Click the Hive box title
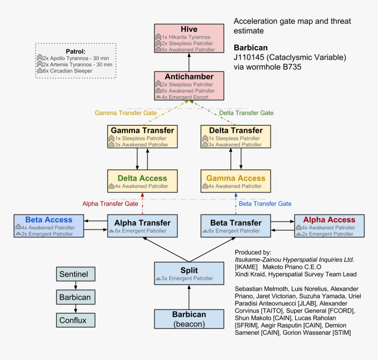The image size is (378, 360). click(189, 29)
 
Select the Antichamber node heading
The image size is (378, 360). click(189, 76)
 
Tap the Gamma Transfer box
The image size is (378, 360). click(142, 136)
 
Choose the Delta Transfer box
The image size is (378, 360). click(236, 136)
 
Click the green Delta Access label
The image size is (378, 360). click(142, 178)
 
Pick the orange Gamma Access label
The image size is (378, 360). click(236, 178)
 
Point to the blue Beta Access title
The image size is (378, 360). click(49, 220)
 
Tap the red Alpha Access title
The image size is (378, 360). click(329, 220)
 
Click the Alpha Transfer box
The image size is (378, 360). click(142, 226)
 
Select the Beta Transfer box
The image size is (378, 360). click(236, 226)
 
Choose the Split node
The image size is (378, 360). click(189, 273)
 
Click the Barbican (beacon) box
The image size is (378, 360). click(189, 319)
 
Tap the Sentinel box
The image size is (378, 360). click(76, 274)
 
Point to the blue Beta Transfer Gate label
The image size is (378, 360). click(265, 204)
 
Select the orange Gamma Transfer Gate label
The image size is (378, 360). click(126, 113)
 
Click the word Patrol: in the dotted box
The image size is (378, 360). click(75, 51)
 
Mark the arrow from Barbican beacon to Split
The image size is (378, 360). click(189, 297)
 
